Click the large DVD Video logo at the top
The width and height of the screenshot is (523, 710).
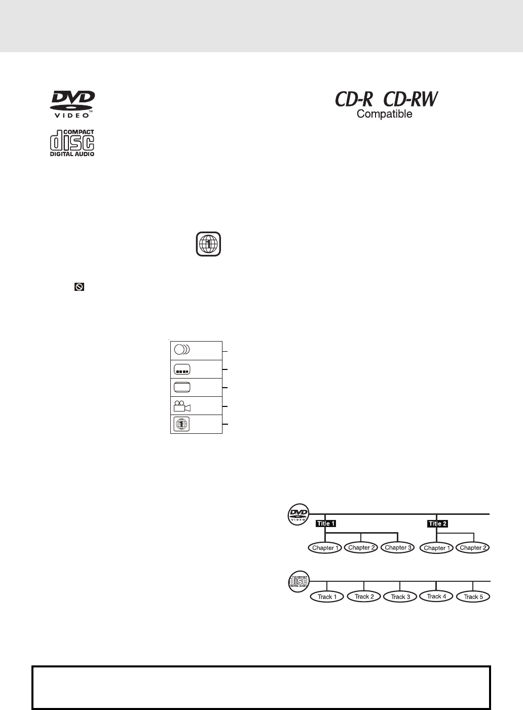72,104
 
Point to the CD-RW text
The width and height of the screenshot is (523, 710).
411,99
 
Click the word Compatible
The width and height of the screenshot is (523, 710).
385,114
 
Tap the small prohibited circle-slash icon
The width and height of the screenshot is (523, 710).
79,287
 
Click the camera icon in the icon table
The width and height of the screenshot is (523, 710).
182,406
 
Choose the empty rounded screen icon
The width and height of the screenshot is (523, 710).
181,388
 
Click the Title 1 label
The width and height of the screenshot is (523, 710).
326,524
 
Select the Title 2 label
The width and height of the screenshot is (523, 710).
438,524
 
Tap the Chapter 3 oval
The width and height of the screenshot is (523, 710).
397,547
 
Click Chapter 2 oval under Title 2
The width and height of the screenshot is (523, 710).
473,548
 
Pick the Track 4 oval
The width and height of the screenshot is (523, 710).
436,596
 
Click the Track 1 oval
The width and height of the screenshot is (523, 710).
327,597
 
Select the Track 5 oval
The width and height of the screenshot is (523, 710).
473,597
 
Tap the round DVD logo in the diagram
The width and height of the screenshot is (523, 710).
297,514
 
